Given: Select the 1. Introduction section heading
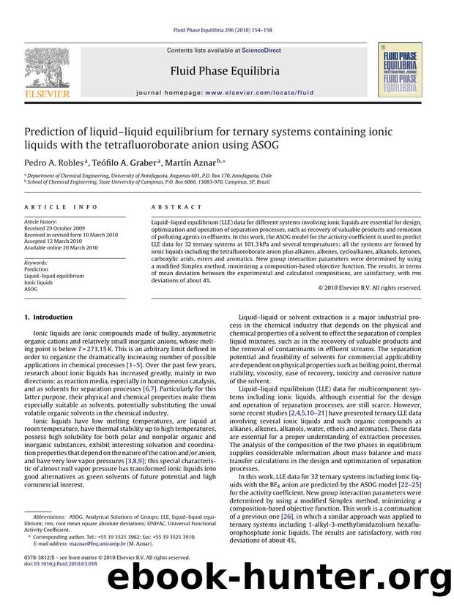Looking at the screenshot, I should coord(48,317).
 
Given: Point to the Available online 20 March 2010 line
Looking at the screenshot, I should coord(61,247).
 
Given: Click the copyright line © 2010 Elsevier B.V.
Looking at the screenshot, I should coord(371,288).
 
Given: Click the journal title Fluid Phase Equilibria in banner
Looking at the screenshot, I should coord(224,71).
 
